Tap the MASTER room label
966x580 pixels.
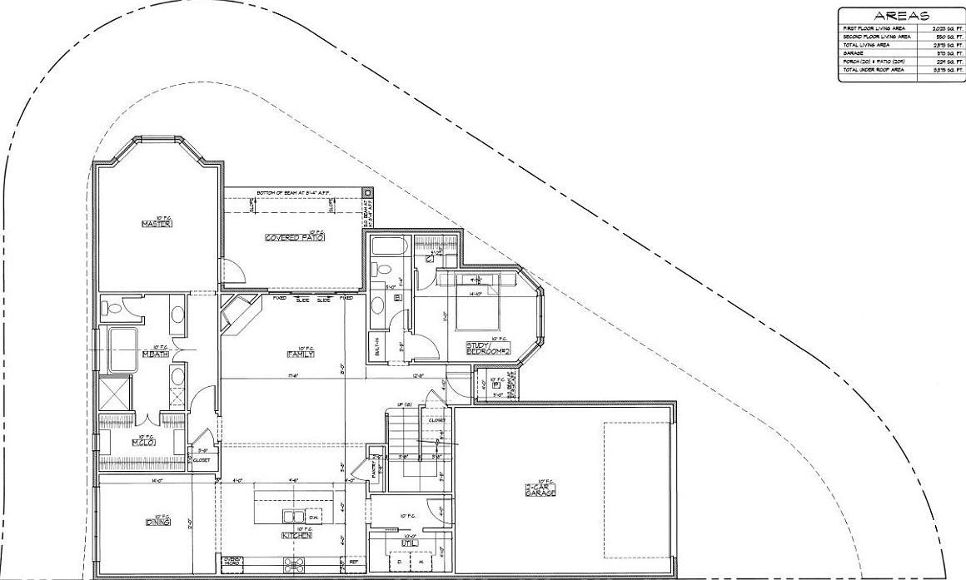[156, 224]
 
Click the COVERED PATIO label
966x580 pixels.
[294, 238]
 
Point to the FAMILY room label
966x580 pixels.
[300, 354]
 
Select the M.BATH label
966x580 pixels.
[156, 354]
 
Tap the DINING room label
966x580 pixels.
[158, 522]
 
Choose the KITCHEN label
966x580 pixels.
[296, 535]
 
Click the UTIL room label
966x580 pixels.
[409, 543]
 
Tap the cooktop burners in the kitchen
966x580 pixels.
[295, 567]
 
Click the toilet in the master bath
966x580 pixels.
[112, 308]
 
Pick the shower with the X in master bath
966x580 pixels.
[113, 392]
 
